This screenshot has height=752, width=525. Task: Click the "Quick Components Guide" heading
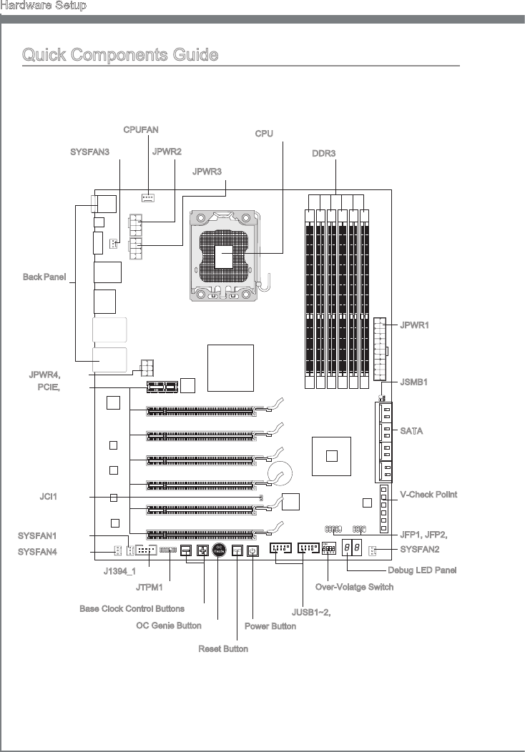click(x=120, y=55)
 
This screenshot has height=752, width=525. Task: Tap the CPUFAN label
click(x=141, y=130)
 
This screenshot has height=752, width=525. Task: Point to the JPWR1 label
click(x=415, y=325)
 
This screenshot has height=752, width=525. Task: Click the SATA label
click(x=411, y=431)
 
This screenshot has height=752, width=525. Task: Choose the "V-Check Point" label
click(x=428, y=495)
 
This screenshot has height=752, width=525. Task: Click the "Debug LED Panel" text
click(x=422, y=570)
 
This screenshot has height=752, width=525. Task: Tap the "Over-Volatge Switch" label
click(x=354, y=588)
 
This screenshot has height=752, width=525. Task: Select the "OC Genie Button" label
click(x=169, y=625)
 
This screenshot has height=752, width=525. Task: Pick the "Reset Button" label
click(x=223, y=648)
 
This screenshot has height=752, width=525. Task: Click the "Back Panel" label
click(x=45, y=276)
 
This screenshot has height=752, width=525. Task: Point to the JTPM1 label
click(x=149, y=588)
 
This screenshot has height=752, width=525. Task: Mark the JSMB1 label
click(x=414, y=382)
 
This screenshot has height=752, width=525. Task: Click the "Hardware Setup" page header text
click(x=44, y=6)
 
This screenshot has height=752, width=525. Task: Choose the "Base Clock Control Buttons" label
click(x=132, y=609)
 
